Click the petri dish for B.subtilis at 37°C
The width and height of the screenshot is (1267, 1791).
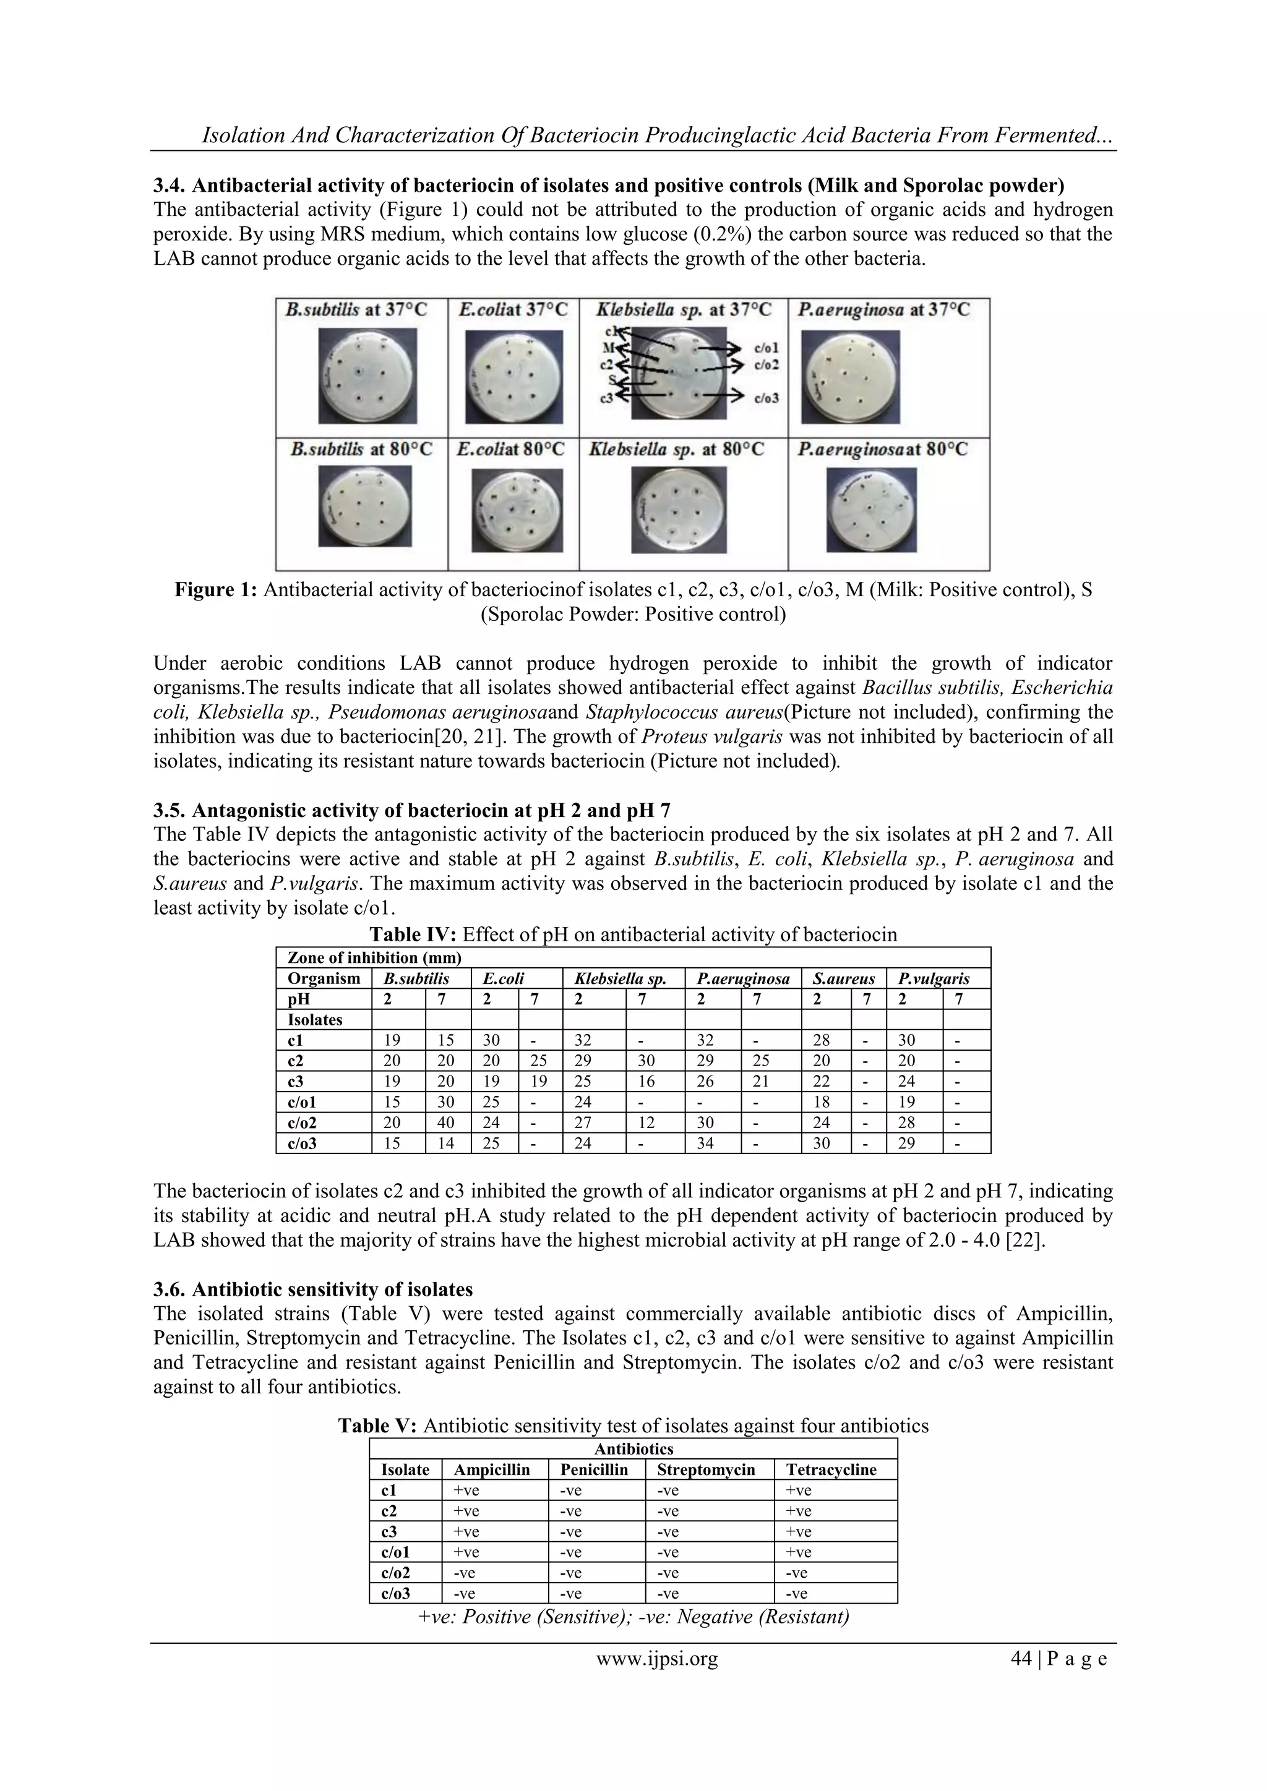click(367, 376)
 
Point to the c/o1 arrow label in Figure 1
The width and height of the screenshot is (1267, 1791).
click(766, 348)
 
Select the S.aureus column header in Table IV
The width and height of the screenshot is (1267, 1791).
click(843, 978)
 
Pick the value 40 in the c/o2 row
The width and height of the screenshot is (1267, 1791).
click(448, 1122)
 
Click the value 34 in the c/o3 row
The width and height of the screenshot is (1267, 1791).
click(711, 1143)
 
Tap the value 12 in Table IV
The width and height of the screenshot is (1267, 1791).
click(654, 1122)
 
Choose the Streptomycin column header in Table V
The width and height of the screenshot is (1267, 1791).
click(706, 1469)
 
